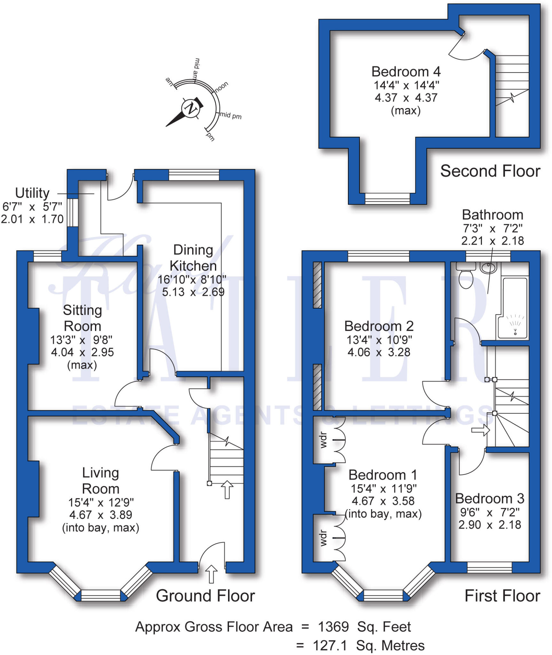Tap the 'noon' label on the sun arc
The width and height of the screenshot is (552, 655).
pos(221,87)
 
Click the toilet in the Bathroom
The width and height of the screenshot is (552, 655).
pos(466,278)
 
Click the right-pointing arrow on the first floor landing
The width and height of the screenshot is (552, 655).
pos(480,430)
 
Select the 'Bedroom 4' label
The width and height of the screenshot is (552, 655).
pos(406,72)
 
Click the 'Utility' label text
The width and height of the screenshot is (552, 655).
pos(32,193)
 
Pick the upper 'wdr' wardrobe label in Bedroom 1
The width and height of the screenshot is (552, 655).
pos(324,440)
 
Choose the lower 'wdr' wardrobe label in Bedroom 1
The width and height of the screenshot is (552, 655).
pos(324,538)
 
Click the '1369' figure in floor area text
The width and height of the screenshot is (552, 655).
pos(333,627)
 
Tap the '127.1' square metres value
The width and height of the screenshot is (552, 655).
pos(330,646)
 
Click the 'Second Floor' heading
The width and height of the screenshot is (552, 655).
pos(490,171)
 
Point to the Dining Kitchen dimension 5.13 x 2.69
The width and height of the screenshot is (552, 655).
pos(193,292)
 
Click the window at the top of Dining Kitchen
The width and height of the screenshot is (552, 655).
pos(194,175)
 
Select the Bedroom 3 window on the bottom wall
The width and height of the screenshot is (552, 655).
pos(489,567)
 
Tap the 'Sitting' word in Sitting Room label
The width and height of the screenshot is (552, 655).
pos(83,310)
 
